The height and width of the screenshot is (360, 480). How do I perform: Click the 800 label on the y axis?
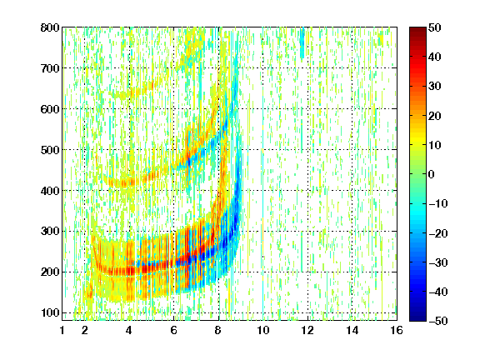(x=50, y=27)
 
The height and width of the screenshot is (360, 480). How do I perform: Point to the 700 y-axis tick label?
(x=50, y=68)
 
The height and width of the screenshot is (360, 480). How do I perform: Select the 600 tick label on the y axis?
(x=50, y=109)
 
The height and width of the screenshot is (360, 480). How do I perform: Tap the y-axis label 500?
(x=50, y=150)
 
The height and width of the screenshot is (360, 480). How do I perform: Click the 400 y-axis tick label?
(x=50, y=191)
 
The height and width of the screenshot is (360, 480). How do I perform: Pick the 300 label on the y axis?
(x=50, y=232)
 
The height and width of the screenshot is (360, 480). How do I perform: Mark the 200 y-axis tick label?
(x=50, y=272)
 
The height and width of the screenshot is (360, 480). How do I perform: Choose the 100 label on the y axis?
(x=50, y=312)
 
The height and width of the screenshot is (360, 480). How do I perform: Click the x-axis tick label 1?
(x=62, y=330)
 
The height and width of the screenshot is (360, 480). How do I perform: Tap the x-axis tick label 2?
(x=85, y=330)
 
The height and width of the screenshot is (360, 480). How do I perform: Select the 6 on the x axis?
(x=174, y=330)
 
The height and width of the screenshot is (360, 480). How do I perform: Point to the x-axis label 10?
(x=263, y=330)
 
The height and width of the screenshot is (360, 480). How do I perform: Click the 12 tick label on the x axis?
(x=307, y=330)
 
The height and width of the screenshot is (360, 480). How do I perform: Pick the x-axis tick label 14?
(x=352, y=330)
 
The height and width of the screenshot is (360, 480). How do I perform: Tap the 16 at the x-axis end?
(x=397, y=330)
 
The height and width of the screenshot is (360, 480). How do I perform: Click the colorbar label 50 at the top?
(x=435, y=27)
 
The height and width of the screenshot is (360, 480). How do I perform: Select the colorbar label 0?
(x=432, y=174)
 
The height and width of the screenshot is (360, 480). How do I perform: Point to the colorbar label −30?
(x=438, y=262)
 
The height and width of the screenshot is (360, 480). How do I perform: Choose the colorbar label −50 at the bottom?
(x=438, y=321)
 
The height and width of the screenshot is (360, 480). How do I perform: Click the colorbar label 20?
(x=435, y=116)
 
